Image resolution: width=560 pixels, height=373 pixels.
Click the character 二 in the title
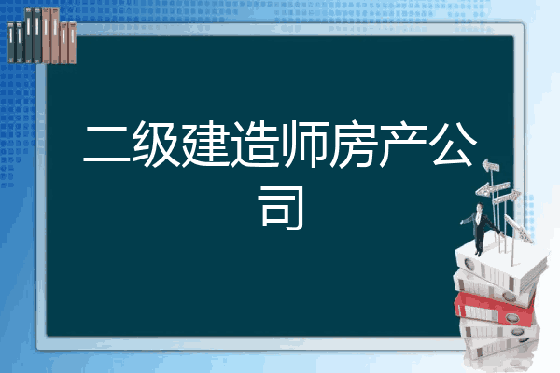pyautogui.click(x=106, y=144)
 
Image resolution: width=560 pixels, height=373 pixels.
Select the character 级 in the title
pyautogui.click(x=156, y=144)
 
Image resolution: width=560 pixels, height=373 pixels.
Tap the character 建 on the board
pyautogui.click(x=205, y=144)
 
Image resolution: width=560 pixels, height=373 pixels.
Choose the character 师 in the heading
pyautogui.click(x=304, y=144)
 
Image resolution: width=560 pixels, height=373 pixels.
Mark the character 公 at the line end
pyautogui.click(x=454, y=144)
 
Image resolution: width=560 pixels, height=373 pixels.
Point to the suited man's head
pyautogui.click(x=479, y=207)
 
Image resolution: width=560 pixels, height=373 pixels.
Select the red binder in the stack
pyautogui.click(x=494, y=309)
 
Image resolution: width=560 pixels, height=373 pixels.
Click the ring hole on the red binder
pyautogui.click(x=511, y=318)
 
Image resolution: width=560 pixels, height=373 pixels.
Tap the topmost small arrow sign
pyautogui.click(x=491, y=166)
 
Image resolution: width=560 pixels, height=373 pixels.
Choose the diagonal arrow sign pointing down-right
pyautogui.click(x=519, y=229)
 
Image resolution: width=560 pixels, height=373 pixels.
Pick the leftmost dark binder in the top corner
pyautogui.click(x=11, y=42)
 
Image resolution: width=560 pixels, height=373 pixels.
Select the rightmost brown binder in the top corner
pyautogui.click(x=72, y=43)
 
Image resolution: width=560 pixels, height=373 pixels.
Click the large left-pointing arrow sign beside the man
pyautogui.click(x=492, y=188)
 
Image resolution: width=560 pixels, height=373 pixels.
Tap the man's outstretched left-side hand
pyautogui.click(x=463, y=222)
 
